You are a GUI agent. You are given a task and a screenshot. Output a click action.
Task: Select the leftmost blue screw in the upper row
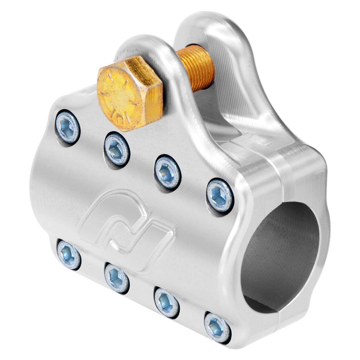[68, 125]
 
